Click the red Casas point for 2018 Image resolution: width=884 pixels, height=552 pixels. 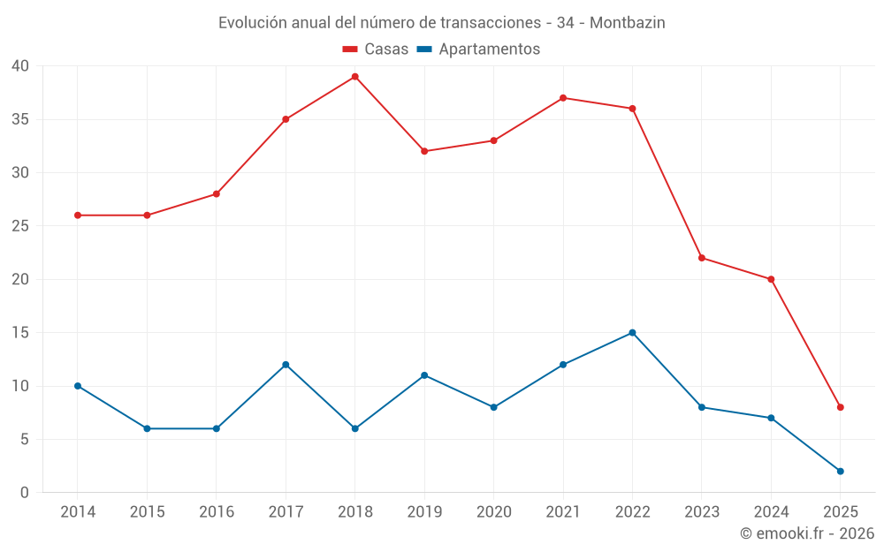click(x=354, y=77)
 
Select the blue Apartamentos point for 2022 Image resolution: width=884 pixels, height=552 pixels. click(x=632, y=333)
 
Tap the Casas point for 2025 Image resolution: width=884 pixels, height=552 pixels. click(x=840, y=407)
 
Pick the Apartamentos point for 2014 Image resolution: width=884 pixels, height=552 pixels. click(x=78, y=386)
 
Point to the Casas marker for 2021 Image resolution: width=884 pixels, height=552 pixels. click(x=563, y=98)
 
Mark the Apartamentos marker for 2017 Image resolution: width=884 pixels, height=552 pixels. click(x=286, y=365)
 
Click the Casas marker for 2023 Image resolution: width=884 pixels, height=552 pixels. click(x=701, y=258)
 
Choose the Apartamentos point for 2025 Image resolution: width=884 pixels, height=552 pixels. click(x=840, y=471)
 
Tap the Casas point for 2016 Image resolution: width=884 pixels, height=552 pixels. click(x=217, y=194)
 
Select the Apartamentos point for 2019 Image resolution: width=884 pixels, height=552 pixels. click(x=424, y=375)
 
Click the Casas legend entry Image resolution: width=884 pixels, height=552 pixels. click(x=375, y=49)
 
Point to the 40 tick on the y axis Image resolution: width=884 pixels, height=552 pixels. click(x=20, y=66)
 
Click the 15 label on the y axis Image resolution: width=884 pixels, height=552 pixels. click(x=20, y=333)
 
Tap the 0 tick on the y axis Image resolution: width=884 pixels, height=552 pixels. click(x=25, y=493)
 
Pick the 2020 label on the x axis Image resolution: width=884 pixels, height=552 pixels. click(x=493, y=512)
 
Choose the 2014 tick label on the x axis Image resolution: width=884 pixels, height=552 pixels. click(x=78, y=512)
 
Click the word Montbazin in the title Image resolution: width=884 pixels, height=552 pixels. click(x=627, y=23)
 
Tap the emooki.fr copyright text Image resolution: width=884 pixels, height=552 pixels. click(x=807, y=533)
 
